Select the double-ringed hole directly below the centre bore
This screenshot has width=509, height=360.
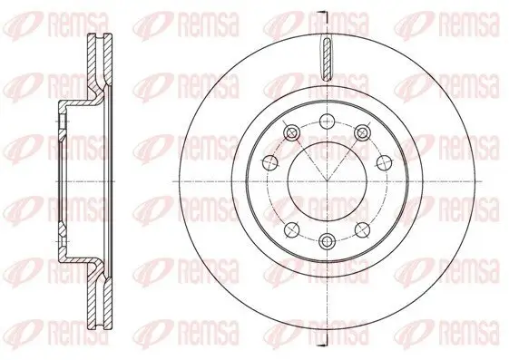[x=326, y=240]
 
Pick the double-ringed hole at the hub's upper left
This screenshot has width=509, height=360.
[x=290, y=134]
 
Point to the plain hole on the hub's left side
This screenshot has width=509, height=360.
[x=269, y=162]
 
